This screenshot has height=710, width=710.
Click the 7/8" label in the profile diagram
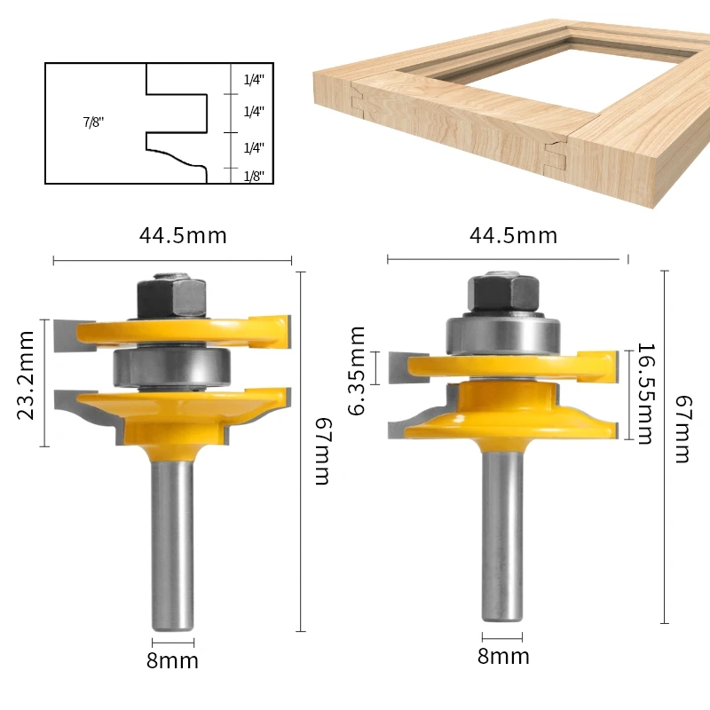point(93,122)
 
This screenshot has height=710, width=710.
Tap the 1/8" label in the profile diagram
point(254,176)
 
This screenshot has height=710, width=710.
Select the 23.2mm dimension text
point(26,375)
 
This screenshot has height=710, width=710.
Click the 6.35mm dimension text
point(357,370)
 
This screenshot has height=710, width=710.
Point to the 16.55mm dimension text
point(646,393)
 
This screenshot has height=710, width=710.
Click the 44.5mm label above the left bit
point(183,235)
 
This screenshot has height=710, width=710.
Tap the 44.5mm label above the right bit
point(514,235)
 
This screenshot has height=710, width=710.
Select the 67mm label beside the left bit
point(323,451)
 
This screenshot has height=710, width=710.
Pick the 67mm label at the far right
point(683,429)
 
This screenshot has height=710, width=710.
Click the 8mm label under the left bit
point(172,661)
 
